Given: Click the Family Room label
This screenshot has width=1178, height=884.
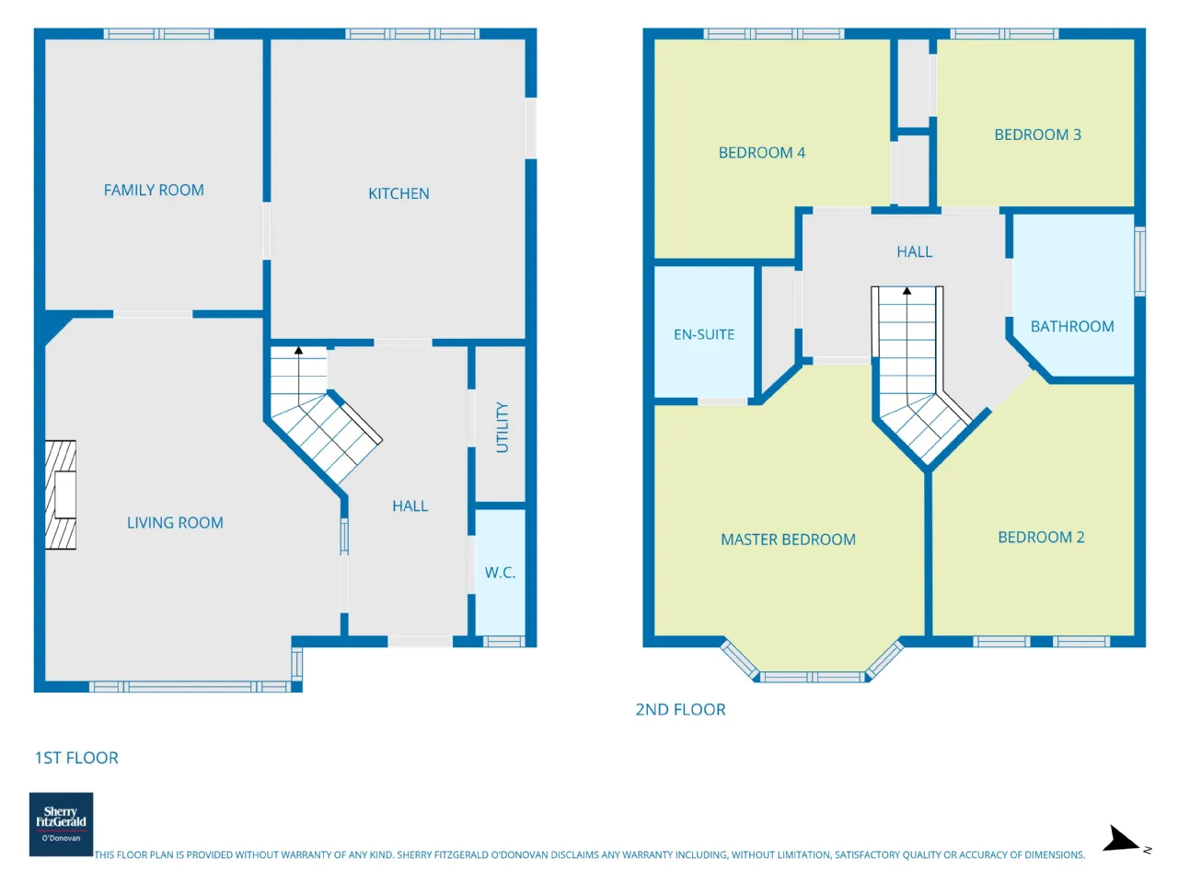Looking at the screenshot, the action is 154,190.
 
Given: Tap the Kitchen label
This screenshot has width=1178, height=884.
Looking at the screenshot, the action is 398,193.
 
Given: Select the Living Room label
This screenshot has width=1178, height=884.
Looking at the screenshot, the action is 175,522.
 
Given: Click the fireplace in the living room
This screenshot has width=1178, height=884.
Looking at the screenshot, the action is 61,494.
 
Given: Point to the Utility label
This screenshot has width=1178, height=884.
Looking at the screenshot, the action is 502,427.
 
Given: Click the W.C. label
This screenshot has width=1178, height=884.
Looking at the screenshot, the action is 500,572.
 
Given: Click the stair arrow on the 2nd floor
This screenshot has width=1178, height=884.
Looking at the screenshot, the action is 907,343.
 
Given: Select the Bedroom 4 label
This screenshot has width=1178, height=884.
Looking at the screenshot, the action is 761,153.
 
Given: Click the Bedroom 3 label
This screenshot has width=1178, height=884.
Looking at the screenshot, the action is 1037,134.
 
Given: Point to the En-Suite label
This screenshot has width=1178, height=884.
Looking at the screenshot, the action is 704,334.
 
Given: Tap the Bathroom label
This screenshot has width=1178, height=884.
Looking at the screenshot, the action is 1072,326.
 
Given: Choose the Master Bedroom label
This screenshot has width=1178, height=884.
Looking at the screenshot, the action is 788,540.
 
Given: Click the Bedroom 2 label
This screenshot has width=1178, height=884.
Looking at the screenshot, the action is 1041,537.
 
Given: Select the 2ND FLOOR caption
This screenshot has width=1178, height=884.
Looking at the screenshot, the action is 680,710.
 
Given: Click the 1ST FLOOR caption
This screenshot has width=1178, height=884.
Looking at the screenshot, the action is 76,758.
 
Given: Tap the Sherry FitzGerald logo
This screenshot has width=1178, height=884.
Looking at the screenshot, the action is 61,824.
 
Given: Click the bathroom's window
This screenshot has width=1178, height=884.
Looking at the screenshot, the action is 1140,262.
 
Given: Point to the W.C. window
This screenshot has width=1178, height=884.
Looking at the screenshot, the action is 503,641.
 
